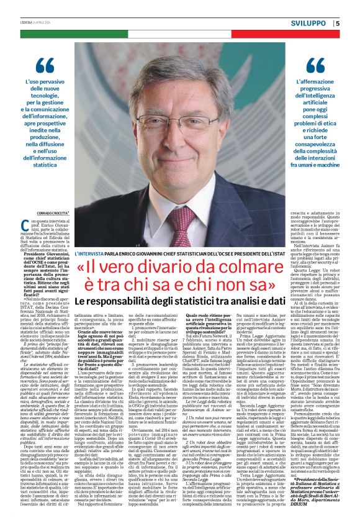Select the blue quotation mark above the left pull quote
(45, 65)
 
